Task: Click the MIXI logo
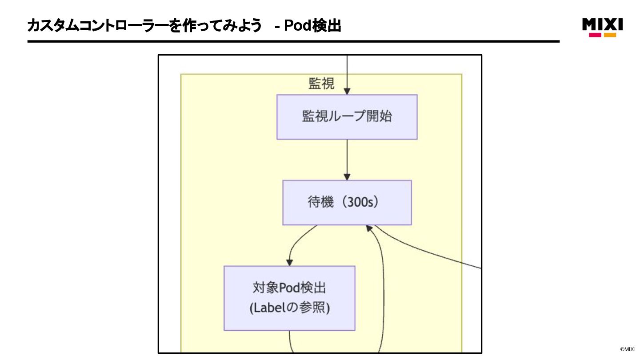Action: (602, 25)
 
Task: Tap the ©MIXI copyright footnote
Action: (628, 349)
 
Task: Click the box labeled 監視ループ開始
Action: (347, 117)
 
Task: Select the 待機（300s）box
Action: (347, 203)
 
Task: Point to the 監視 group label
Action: (321, 84)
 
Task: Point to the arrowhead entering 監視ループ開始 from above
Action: (347, 91)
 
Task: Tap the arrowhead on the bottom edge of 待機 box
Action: (368, 228)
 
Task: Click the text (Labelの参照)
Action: (289, 308)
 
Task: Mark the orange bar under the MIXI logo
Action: (610, 35)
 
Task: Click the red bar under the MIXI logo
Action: (595, 35)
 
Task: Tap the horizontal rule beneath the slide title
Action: (293, 41)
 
